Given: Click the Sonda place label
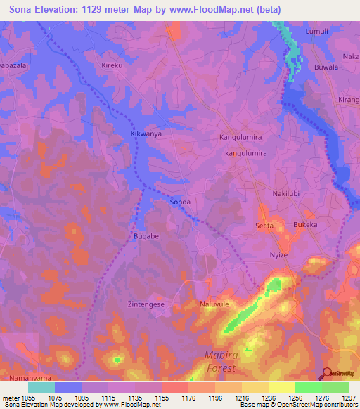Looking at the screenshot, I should click(x=180, y=201).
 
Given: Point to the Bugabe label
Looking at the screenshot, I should click(x=146, y=237).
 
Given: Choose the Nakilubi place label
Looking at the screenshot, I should click(x=287, y=193).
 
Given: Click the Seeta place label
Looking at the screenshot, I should click(x=264, y=226).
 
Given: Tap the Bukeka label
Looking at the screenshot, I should click(x=305, y=225).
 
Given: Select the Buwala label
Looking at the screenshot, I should click(x=326, y=67).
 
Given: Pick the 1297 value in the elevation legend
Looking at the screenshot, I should click(x=349, y=397).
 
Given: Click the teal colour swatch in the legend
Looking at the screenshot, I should click(x=41, y=387).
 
